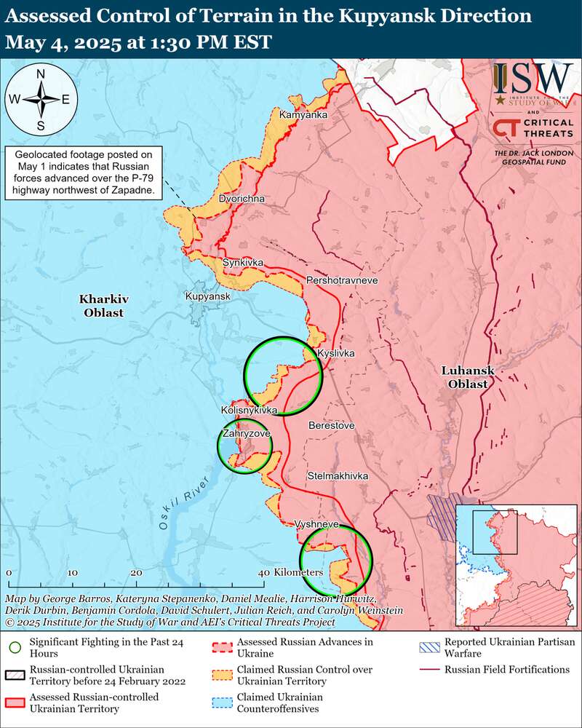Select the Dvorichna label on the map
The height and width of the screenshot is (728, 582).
tap(242, 198)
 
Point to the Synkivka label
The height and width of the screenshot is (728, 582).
tap(243, 262)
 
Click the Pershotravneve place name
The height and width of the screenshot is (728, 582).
tap(343, 280)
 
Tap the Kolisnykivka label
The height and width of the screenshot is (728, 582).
tap(250, 411)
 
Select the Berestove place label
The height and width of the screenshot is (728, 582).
tap(331, 424)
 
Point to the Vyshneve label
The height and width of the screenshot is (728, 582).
tap(316, 524)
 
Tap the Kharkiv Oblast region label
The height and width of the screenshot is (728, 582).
tap(102, 306)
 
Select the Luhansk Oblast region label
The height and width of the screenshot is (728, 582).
tap(468, 377)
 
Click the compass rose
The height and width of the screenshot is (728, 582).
tap(41, 100)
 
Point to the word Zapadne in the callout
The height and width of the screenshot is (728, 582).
tap(135, 190)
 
